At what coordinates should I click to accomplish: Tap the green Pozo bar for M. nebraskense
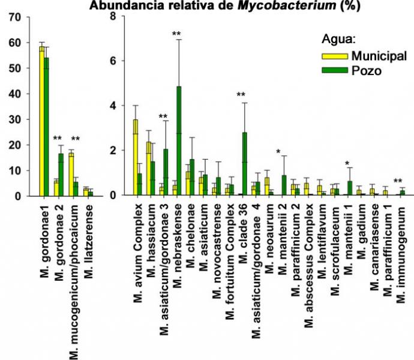(179, 141)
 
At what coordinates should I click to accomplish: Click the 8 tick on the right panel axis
(113, 17)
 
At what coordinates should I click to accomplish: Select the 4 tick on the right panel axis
(113, 106)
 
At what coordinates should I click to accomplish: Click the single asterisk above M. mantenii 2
(279, 152)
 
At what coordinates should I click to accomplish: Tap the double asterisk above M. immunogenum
(398, 181)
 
